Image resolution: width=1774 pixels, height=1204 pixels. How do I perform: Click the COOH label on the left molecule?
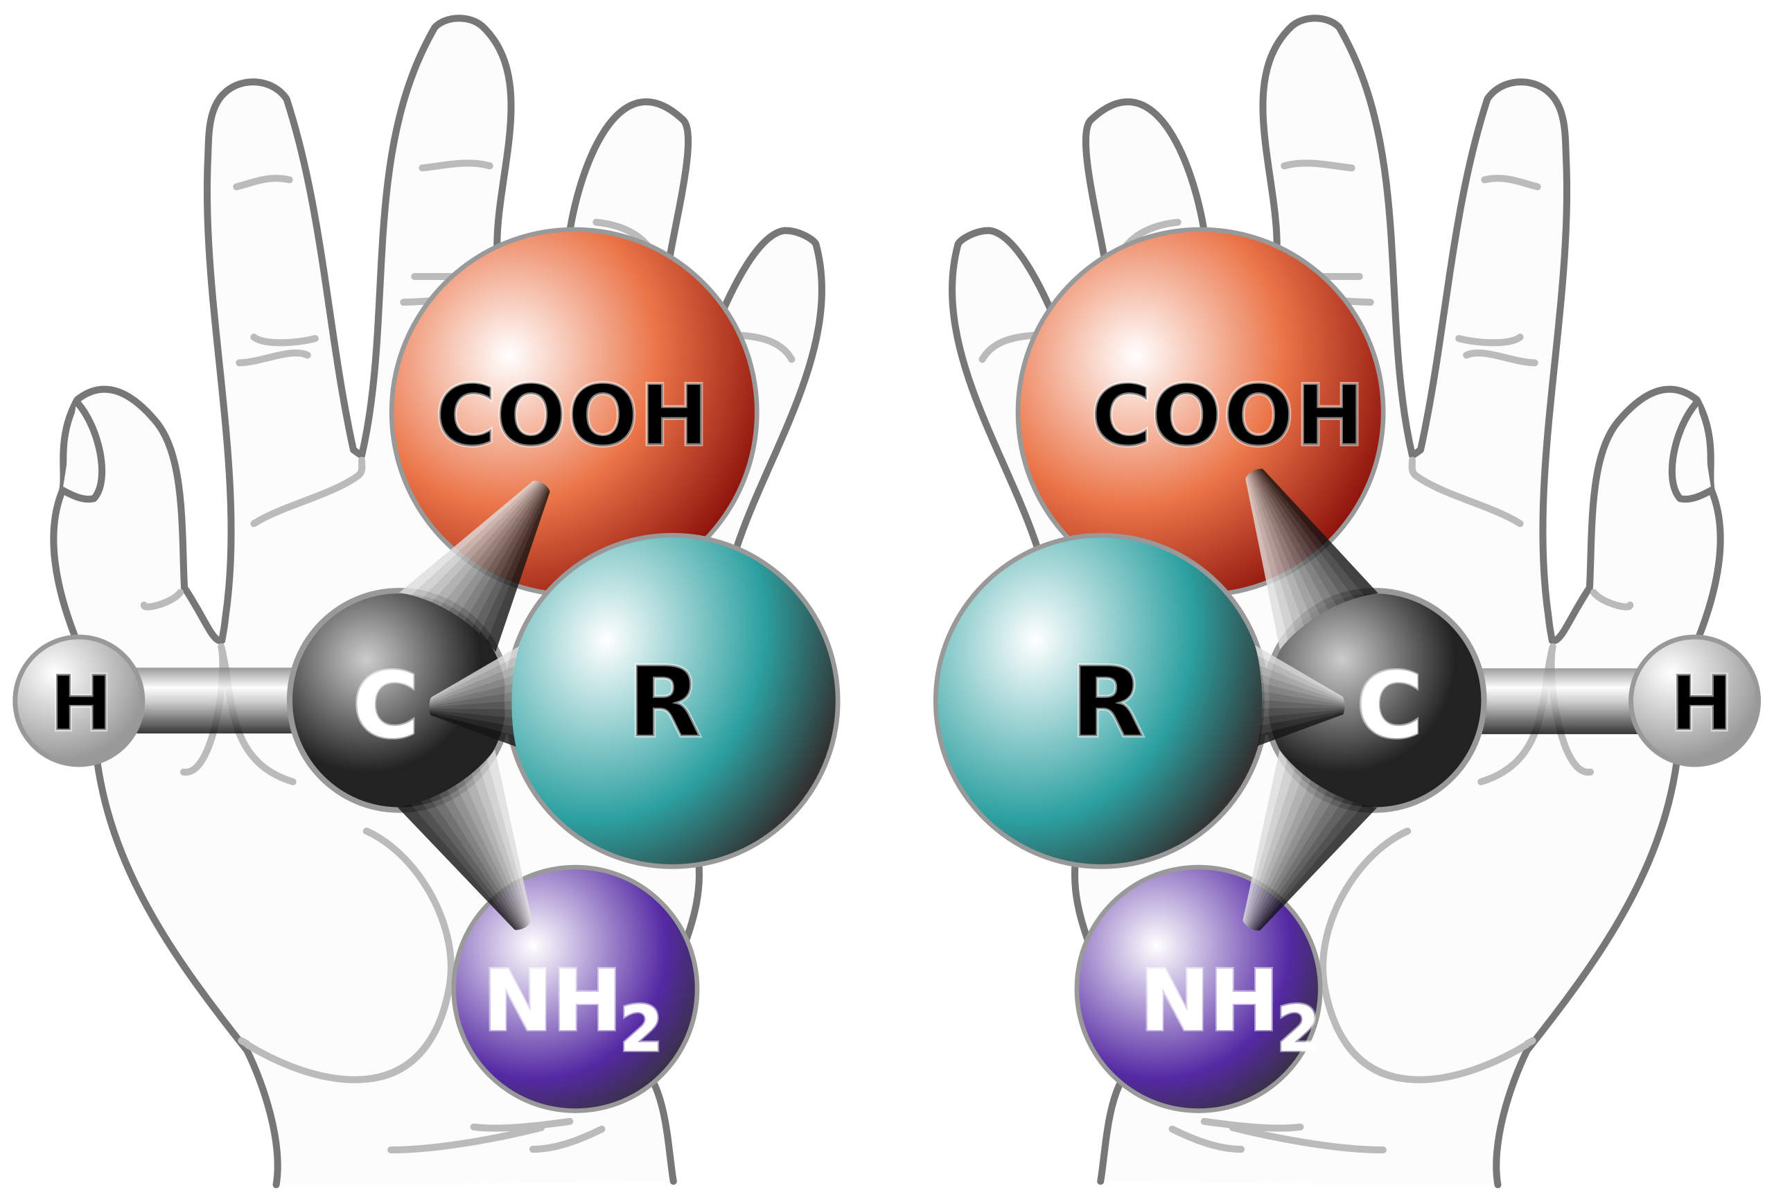click(x=570, y=415)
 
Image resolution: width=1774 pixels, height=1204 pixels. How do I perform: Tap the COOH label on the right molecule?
click(x=1227, y=415)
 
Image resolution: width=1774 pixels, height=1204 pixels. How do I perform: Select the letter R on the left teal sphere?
click(x=666, y=701)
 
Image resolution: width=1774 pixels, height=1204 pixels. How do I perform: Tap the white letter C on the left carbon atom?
click(x=385, y=704)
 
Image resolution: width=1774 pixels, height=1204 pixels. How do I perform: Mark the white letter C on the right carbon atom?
click(x=1389, y=704)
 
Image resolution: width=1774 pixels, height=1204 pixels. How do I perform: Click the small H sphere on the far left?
click(x=80, y=701)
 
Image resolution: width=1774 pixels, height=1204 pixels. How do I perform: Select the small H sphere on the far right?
click(x=1694, y=701)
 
